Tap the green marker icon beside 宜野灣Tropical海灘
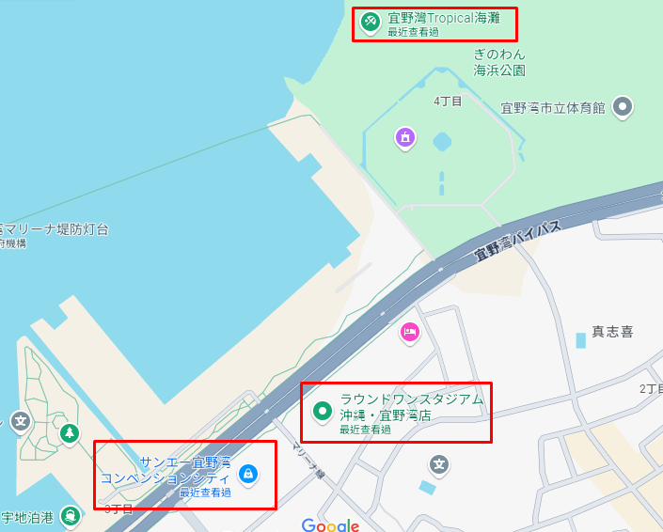point(371,20)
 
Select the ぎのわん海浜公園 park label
point(499,62)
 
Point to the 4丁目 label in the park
point(448,101)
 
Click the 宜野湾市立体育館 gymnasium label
point(552,108)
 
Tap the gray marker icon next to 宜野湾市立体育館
point(623,107)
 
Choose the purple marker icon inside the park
point(405,138)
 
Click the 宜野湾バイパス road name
point(516,239)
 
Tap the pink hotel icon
point(409,331)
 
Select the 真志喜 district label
point(611,332)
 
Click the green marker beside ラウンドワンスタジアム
point(323,410)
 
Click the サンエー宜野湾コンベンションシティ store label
point(179,470)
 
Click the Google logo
point(330,524)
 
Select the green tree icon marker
point(70,433)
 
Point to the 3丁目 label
point(118,509)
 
